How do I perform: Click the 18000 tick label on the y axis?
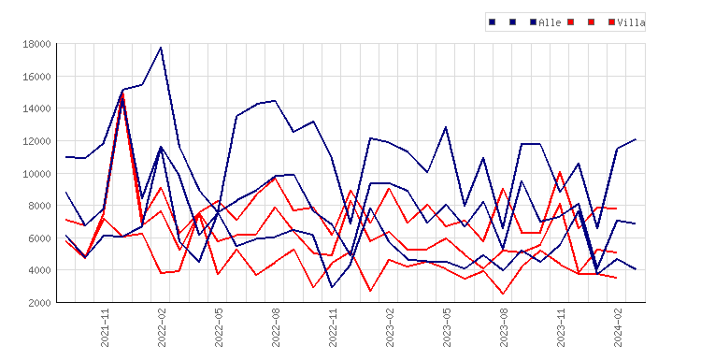pos(36,44)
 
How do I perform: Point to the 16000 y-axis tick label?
pos(36,77)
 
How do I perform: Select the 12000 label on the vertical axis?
pos(36,141)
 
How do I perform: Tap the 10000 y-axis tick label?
pos(36,174)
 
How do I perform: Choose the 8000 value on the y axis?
pos(39,206)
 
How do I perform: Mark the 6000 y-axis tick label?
pos(39,238)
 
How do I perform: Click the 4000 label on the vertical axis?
pos(39,270)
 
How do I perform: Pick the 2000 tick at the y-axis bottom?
pos(39,303)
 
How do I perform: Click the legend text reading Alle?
pos(550,22)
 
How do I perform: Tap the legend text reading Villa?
pos(631,22)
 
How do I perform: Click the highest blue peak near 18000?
pos(161,47)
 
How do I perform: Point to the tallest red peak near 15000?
pos(123,93)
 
